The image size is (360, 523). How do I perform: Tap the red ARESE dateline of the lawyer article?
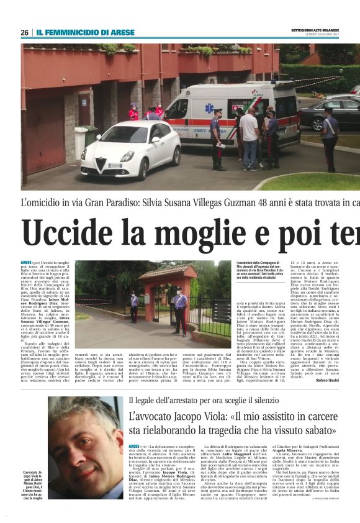[x=134, y=446]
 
